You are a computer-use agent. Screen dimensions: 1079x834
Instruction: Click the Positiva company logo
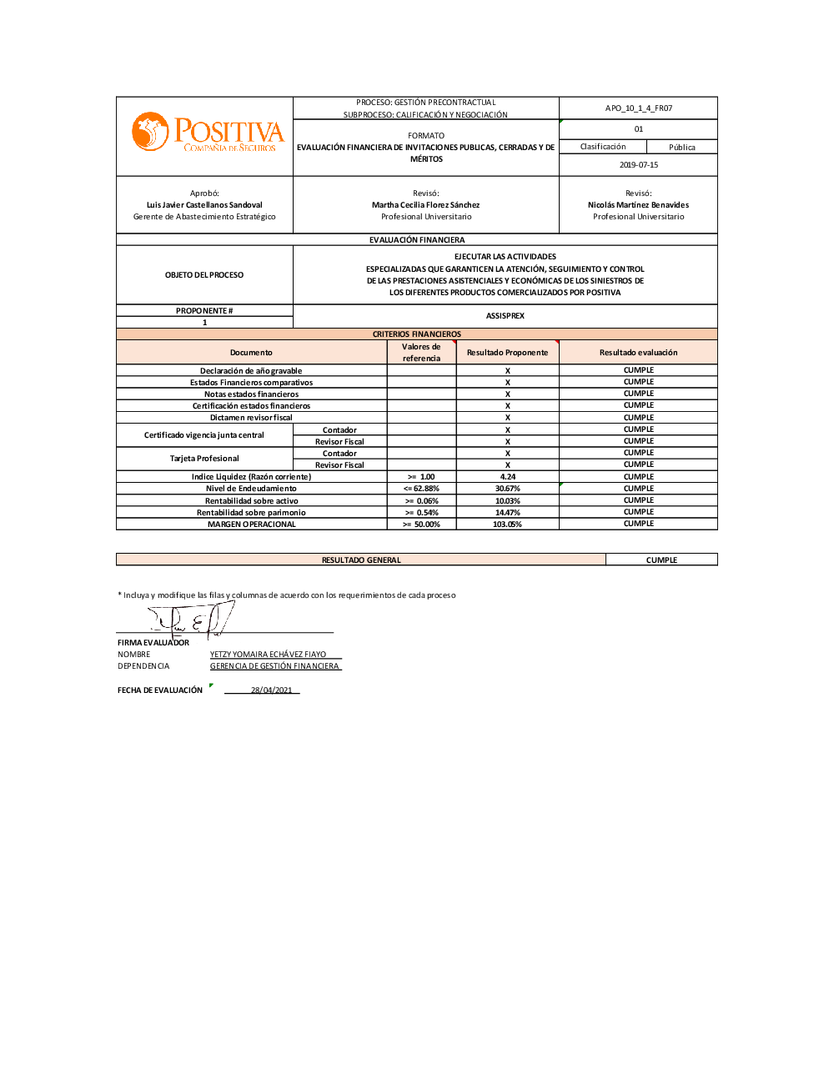(x=208, y=133)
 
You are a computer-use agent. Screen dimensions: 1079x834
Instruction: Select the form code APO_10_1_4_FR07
(x=638, y=108)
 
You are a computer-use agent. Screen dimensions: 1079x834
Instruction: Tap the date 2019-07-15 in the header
(x=638, y=165)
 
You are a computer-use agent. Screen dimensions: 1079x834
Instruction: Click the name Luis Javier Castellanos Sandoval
(x=204, y=205)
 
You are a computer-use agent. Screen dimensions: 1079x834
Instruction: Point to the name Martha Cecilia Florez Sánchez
(x=425, y=205)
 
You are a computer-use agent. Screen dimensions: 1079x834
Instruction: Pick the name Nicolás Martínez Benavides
(x=638, y=205)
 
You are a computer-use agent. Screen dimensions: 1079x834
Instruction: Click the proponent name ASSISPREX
(x=505, y=316)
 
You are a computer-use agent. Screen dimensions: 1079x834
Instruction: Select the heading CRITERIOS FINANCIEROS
(x=416, y=334)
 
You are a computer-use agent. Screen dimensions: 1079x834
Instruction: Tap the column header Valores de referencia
(x=421, y=353)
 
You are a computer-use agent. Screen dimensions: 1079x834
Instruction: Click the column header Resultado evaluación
(x=638, y=353)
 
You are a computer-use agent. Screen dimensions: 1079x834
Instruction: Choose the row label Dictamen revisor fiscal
(x=251, y=418)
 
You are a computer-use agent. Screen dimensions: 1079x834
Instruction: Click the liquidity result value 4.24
(x=507, y=477)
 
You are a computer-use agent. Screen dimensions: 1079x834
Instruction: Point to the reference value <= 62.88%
(x=421, y=489)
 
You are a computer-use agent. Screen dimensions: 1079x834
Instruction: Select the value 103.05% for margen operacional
(x=507, y=524)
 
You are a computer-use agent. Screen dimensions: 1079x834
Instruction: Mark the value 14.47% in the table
(x=507, y=513)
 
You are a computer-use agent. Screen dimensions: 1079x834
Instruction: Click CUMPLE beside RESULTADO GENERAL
(x=661, y=560)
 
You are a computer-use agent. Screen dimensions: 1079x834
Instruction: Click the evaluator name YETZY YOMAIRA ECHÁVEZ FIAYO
(x=268, y=655)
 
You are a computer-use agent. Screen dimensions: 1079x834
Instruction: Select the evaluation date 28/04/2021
(x=271, y=690)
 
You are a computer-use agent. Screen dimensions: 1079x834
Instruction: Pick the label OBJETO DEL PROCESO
(x=204, y=275)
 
